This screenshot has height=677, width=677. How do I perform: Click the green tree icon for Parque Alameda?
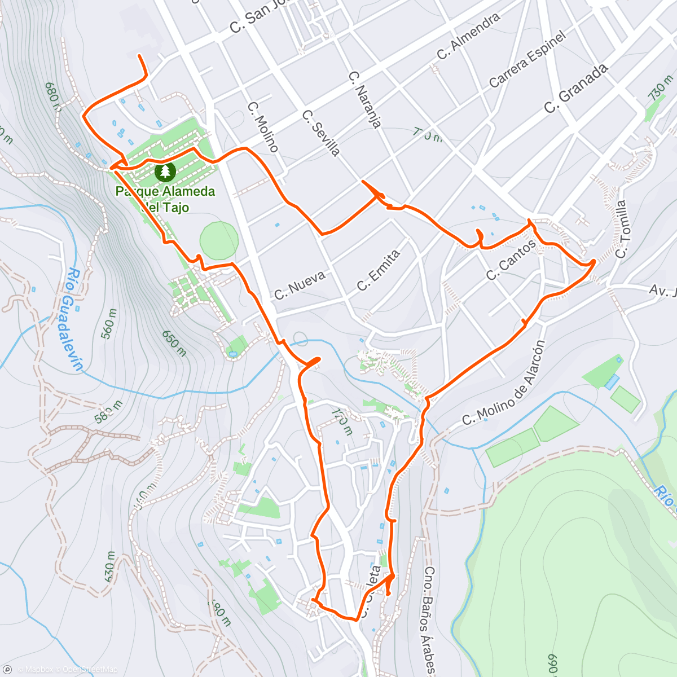point(165,170)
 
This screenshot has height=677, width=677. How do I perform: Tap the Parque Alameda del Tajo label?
point(165,199)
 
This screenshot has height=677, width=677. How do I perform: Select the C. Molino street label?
point(263,127)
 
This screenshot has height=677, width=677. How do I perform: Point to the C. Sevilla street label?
point(320,133)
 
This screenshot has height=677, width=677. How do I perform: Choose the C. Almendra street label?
point(468,36)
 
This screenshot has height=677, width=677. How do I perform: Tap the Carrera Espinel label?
point(527,59)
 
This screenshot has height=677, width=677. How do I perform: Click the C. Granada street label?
point(576,89)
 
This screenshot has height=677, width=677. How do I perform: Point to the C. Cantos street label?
point(511,260)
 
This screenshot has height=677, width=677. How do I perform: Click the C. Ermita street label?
point(378,270)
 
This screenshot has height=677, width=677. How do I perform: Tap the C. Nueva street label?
point(300,285)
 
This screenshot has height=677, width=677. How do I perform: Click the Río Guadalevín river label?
point(74,319)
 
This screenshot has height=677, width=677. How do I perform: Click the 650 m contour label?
point(174,344)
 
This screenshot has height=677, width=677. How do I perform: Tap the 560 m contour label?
point(109,323)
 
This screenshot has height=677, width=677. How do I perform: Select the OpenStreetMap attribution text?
point(90,670)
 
